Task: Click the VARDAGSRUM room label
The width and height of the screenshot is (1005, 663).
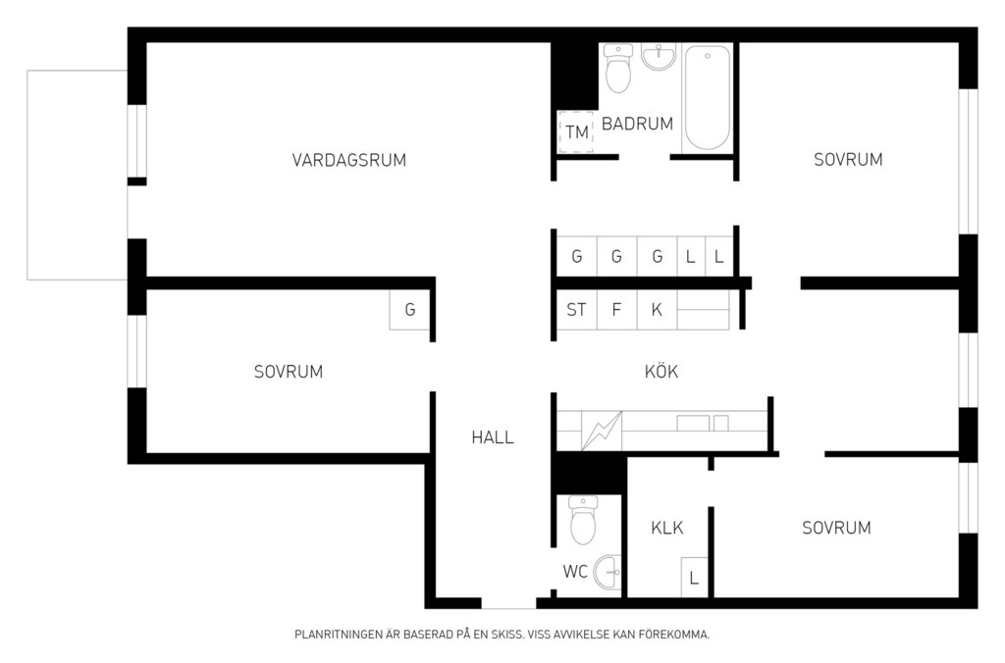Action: pos(349,160)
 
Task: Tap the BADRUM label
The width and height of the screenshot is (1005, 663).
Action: pos(637,124)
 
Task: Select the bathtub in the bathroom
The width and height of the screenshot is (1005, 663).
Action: pos(708,97)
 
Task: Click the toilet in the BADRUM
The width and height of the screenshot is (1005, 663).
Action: pos(618,69)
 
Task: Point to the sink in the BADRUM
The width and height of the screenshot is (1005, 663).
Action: pos(659,56)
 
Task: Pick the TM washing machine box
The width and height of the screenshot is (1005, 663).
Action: pos(576,132)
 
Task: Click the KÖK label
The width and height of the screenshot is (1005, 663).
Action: pos(661,372)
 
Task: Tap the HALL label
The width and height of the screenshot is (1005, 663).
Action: pos(493,437)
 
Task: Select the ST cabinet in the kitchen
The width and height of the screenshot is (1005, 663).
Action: pos(576,310)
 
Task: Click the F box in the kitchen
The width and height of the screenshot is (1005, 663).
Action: pos(616,310)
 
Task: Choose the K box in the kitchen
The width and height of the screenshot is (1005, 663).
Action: pos(657,310)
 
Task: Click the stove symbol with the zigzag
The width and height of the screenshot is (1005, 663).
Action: pos(602,431)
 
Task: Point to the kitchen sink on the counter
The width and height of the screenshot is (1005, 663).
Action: pos(702,424)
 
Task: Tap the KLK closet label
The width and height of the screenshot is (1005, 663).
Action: pos(667,528)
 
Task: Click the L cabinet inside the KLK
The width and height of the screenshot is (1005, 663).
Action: pos(694,577)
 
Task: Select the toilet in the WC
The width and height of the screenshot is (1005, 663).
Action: pos(583,520)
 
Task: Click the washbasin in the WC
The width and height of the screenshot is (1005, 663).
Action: pos(608,572)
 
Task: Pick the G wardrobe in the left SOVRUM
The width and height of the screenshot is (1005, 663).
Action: pos(409,310)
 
